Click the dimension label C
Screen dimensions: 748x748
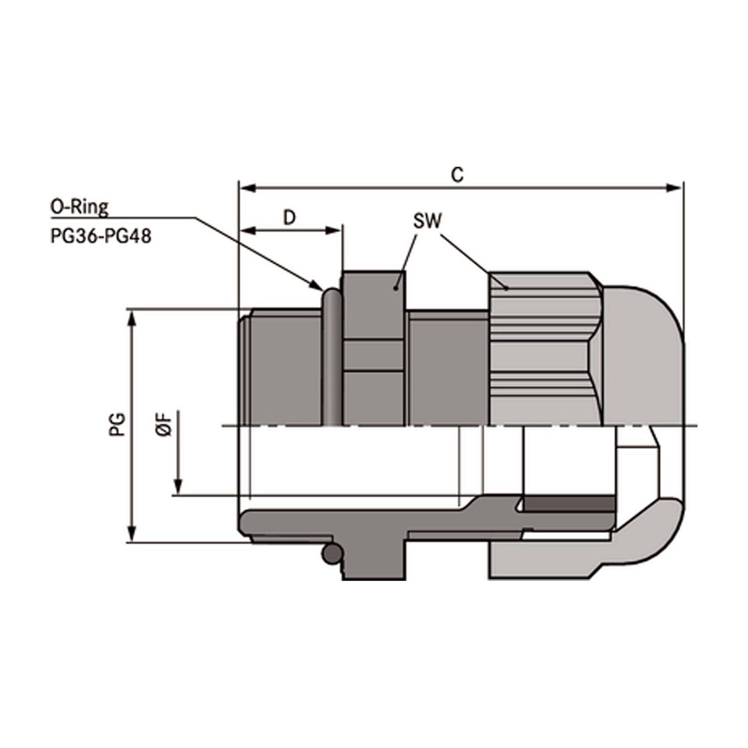457,175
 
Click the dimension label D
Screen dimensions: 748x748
289,217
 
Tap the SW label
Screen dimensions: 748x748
427,221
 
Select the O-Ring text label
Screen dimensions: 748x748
79,206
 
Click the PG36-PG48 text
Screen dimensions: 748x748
101,236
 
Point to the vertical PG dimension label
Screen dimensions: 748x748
117,424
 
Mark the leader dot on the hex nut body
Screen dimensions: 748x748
396,288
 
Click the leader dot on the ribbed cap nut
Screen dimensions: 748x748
507,288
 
